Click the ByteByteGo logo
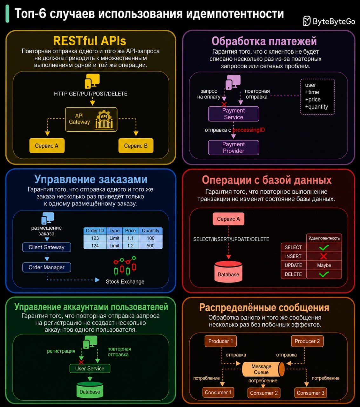(329, 21)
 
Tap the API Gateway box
(91, 120)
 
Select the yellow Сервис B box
(136, 146)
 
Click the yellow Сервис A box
(47, 146)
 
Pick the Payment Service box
(234, 114)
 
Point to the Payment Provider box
(234, 148)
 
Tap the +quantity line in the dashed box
(316, 107)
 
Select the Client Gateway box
(47, 247)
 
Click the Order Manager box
(47, 267)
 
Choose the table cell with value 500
(151, 246)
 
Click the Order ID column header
(95, 231)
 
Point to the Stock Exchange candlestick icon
(125, 266)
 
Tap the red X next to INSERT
(323, 256)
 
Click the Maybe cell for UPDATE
(324, 266)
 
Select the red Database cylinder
(228, 272)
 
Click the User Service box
(90, 369)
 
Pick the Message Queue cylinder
(263, 369)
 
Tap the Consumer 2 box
(264, 393)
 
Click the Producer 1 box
(221, 341)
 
